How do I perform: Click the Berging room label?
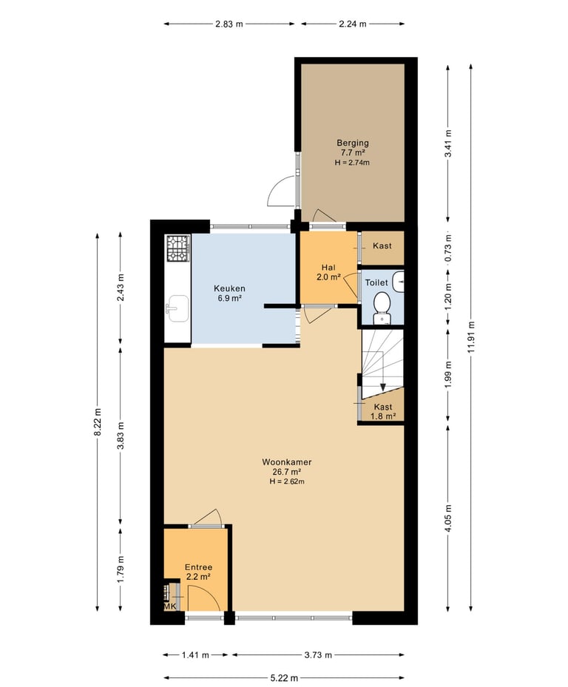352,143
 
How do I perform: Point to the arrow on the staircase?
382,385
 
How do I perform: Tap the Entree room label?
198,567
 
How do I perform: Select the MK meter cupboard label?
170,606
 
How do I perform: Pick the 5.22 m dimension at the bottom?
284,677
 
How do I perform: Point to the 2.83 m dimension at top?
229,24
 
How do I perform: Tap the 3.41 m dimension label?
447,143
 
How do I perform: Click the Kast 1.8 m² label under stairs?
383,412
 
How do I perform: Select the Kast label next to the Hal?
382,246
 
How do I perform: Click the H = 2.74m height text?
352,163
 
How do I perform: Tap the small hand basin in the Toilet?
399,280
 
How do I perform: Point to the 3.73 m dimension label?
317,654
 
